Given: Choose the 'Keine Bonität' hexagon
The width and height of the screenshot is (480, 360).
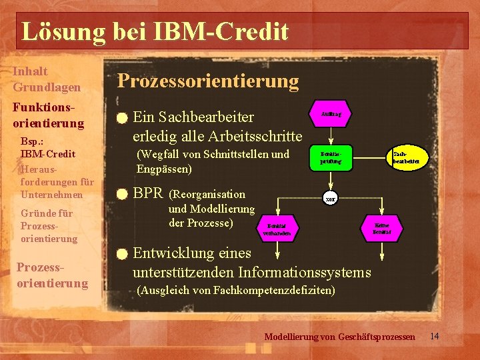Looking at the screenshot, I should point(382,229).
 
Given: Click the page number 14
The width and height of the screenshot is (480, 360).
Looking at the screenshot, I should point(435,335).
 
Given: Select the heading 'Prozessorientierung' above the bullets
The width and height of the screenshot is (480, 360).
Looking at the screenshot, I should point(208,81).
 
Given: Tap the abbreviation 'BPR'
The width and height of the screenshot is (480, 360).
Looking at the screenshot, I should point(148,195).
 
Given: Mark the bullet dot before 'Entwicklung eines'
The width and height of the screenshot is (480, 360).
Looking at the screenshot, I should point(120,254).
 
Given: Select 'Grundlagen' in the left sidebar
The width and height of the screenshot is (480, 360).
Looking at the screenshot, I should point(47,87).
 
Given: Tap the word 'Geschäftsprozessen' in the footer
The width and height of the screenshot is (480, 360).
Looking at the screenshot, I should point(377,337).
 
